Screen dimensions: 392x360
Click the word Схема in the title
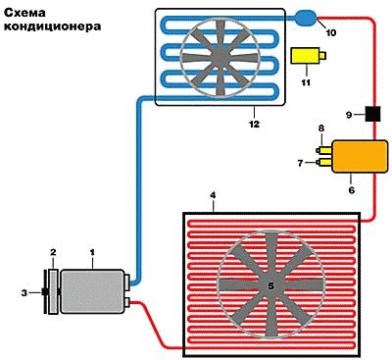click(x=24, y=13)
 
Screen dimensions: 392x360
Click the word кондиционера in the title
click(x=52, y=26)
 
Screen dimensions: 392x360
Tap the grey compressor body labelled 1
click(x=92, y=291)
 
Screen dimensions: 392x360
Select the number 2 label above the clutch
click(x=53, y=252)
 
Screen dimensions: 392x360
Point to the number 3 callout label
click(x=24, y=293)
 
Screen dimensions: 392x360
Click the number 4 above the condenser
click(x=213, y=195)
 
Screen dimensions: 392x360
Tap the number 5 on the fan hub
click(x=270, y=285)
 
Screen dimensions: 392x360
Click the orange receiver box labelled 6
click(x=360, y=156)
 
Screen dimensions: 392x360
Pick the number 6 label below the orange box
click(x=352, y=189)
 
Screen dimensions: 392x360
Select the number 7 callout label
click(x=301, y=163)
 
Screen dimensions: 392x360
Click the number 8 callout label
click(x=321, y=129)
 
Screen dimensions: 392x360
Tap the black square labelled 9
click(x=372, y=114)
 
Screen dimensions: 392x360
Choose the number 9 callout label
click(x=349, y=115)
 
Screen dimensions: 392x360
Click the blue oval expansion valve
click(x=306, y=18)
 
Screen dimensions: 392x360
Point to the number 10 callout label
click(x=330, y=32)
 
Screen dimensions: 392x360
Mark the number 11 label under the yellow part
click(x=306, y=82)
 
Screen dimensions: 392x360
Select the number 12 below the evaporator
click(x=254, y=124)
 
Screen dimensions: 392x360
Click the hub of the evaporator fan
click(x=220, y=56)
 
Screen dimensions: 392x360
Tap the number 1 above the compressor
click(x=92, y=252)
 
